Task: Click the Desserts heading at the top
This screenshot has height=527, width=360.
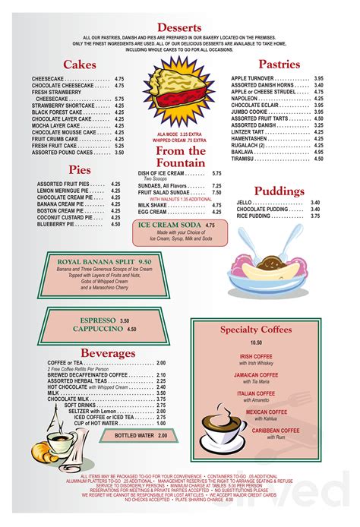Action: [x=179, y=27]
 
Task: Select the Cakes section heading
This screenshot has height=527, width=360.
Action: [x=79, y=65]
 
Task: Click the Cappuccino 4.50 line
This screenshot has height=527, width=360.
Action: [x=106, y=330]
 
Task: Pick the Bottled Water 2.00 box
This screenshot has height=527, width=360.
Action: [x=141, y=435]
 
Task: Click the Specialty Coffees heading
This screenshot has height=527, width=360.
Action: [x=256, y=330]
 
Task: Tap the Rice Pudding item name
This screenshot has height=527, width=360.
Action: [x=254, y=216]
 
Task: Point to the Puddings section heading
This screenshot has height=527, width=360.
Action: [x=279, y=190]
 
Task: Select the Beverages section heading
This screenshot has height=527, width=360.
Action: [x=108, y=353]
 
